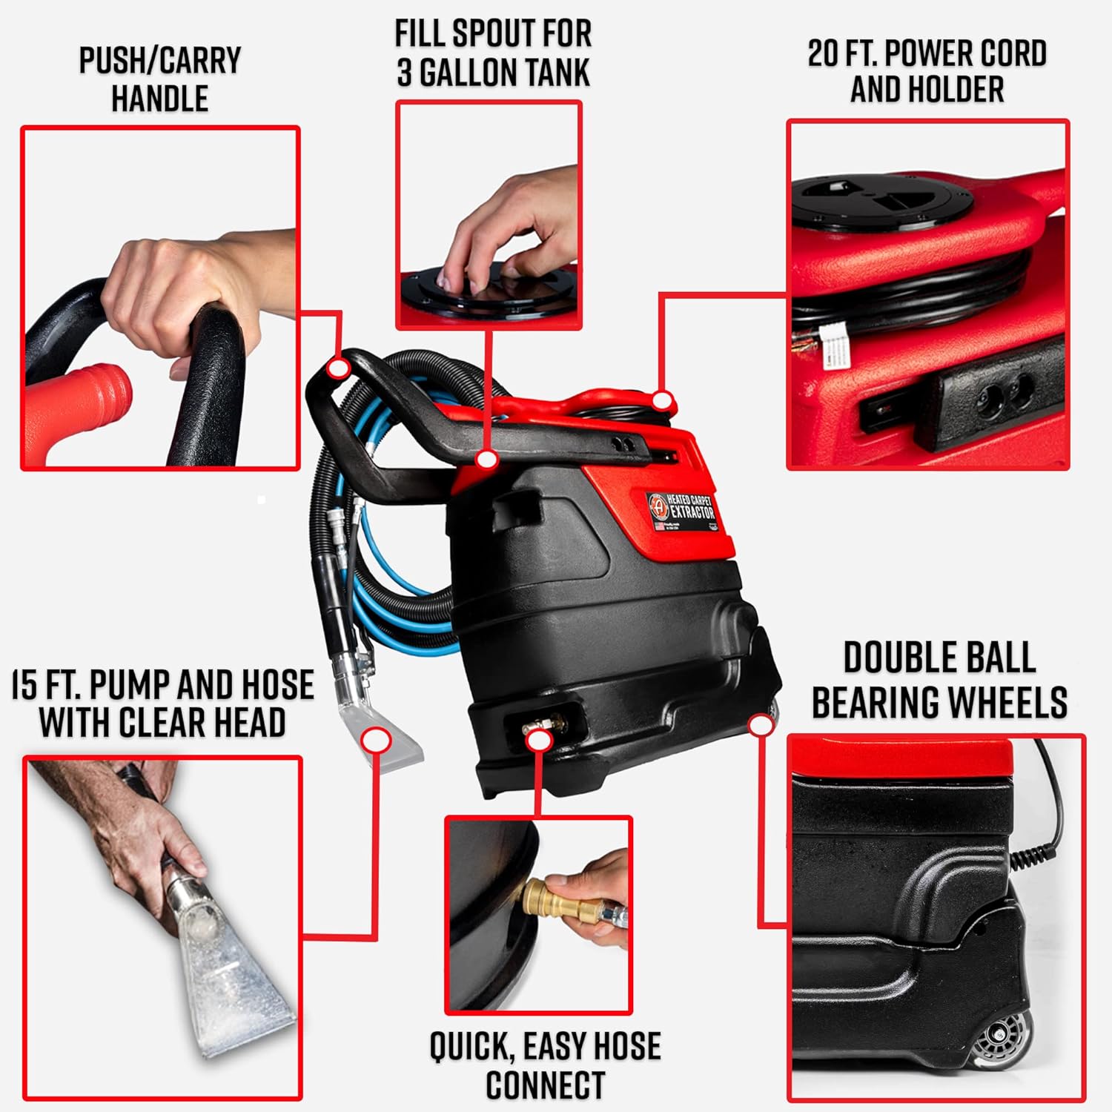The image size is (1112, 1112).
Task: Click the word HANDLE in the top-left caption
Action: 159,99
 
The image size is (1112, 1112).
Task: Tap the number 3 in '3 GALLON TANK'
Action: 404,73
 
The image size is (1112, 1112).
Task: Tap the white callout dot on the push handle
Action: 339,368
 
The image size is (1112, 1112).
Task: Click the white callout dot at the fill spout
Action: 486,460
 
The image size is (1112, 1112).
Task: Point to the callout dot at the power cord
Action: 663,401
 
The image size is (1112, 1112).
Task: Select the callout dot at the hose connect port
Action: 540,739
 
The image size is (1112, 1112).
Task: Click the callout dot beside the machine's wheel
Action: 760,725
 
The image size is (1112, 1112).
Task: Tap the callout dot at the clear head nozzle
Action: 377,741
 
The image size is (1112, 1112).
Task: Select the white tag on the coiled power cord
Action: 836,348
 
